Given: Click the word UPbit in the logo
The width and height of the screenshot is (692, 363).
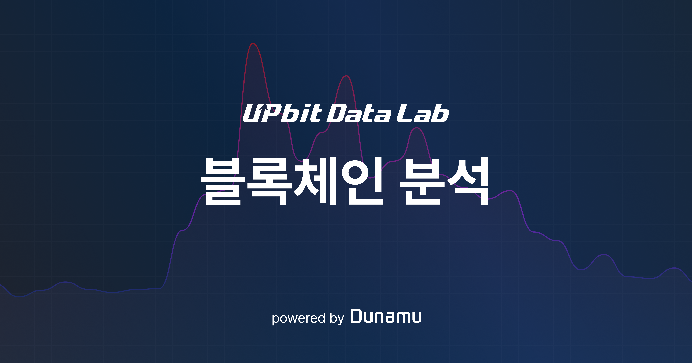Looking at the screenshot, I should (x=282, y=114).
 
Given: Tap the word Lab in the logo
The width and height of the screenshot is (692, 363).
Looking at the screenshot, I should (x=423, y=114).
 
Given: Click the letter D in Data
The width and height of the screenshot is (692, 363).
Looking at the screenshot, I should (x=336, y=114).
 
